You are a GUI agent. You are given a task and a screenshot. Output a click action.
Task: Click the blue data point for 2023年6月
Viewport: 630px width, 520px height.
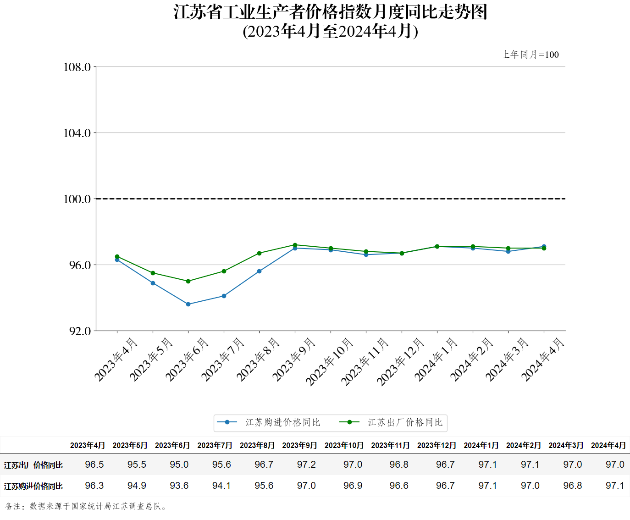pos(188,304)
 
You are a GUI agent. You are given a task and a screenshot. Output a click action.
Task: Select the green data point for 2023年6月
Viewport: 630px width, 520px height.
pos(188,281)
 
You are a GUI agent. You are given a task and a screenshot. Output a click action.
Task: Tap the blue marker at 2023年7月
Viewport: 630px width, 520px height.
pos(224,296)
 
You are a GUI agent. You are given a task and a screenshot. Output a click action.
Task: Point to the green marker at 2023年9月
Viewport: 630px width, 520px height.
pos(295,245)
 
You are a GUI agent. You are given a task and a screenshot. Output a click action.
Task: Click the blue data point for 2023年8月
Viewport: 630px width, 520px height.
pos(259,271)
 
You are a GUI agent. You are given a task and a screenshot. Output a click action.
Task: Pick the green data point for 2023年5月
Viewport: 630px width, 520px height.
pos(153,273)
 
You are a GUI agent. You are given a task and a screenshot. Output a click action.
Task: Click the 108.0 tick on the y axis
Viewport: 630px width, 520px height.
pos(77,67)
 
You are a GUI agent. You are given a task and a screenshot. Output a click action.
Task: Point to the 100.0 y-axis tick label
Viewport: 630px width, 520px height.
pos(77,199)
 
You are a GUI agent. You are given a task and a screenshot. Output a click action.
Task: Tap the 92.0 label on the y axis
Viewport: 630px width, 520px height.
pos(80,331)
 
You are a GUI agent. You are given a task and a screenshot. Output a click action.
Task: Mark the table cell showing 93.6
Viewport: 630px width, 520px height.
pos(179,486)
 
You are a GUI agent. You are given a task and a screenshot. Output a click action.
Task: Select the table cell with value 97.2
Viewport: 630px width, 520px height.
pos(306,465)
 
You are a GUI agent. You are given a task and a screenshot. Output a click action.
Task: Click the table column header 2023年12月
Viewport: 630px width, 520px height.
pos(437,445)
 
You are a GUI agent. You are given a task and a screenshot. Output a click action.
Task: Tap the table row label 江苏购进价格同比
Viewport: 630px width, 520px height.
pos(33,486)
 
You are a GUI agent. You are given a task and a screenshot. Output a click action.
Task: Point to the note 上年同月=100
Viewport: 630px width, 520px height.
pos(530,55)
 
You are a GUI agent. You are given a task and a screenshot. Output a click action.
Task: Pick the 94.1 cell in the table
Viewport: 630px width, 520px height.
pos(221,486)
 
